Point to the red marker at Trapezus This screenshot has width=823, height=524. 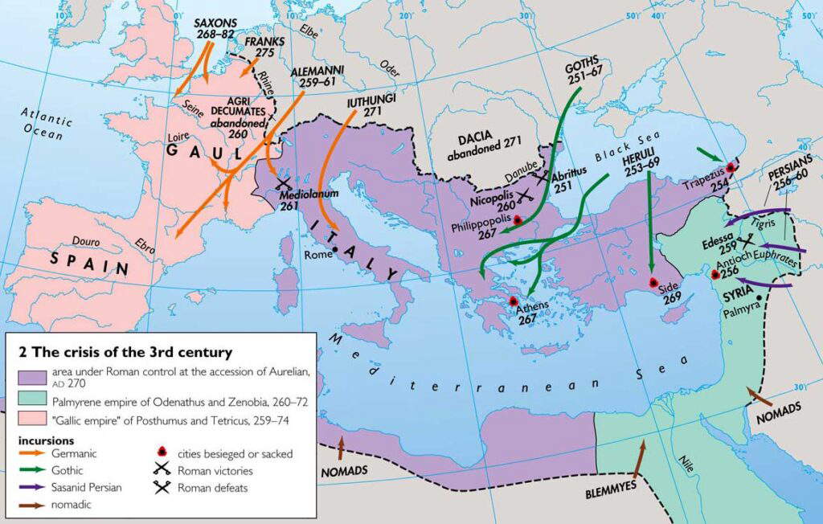(731, 167)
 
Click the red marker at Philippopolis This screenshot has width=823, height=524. (518, 219)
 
